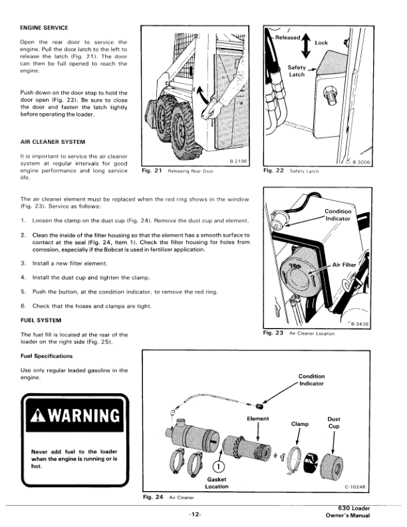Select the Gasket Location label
click(x=217, y=482)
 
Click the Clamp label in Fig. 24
click(x=300, y=423)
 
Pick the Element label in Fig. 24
click(x=258, y=419)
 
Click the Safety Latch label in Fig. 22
click(x=297, y=71)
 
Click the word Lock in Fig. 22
click(x=321, y=42)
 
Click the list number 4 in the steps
click(x=24, y=277)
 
